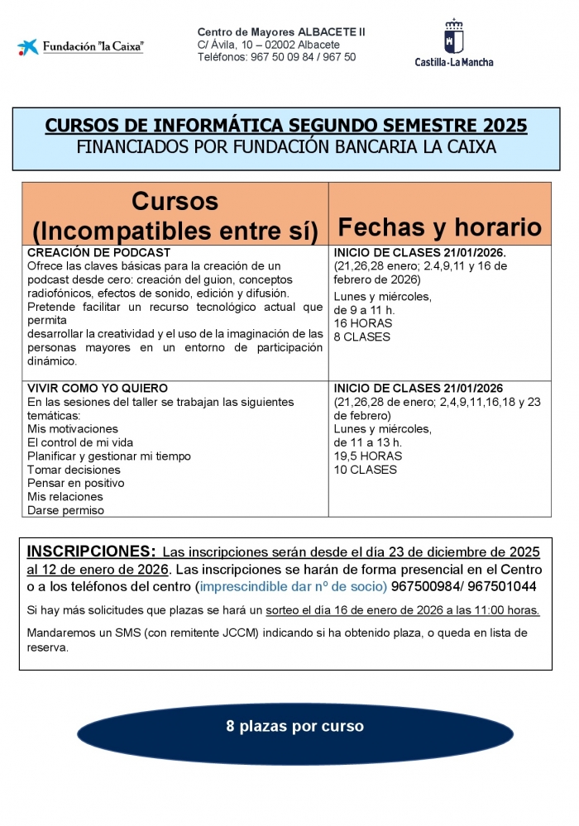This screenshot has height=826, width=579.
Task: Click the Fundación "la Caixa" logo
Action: click(x=80, y=46)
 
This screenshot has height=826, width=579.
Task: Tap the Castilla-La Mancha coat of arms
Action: click(x=454, y=37)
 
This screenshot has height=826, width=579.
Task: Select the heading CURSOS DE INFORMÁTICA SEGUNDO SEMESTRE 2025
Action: click(x=285, y=126)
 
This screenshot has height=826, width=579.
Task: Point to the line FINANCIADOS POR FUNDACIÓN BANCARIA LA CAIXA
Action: click(x=285, y=147)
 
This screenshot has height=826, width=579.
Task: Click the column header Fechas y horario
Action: click(x=440, y=227)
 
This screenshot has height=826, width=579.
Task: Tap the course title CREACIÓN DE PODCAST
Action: click(x=98, y=252)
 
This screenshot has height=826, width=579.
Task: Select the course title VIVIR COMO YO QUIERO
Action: click(x=98, y=388)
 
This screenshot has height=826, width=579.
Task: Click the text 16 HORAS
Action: click(x=362, y=323)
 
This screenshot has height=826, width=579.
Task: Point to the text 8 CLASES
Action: click(x=362, y=337)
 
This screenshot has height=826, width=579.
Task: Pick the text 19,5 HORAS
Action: click(x=368, y=456)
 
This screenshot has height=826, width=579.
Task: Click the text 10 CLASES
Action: click(x=365, y=470)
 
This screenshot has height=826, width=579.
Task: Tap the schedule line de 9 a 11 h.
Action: click(x=364, y=310)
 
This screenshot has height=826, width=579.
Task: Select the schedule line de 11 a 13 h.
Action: click(x=367, y=442)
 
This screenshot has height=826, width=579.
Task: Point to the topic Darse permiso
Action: click(x=65, y=510)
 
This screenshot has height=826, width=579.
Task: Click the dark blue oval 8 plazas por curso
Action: click(x=294, y=727)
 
